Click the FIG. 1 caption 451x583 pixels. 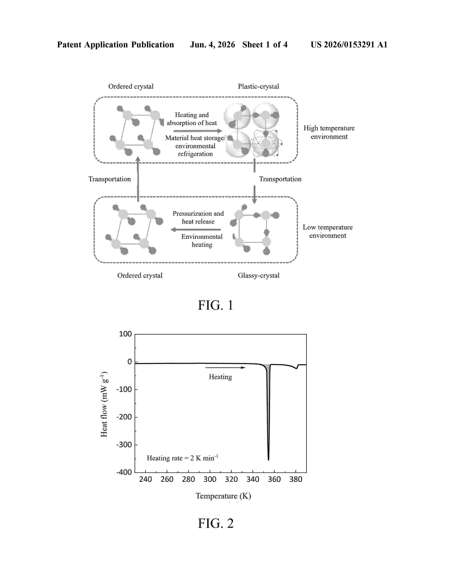click(x=215, y=305)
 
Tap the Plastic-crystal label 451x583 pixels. click(x=258, y=87)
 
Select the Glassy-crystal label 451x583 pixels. click(x=258, y=275)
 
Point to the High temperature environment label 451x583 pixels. click(x=329, y=132)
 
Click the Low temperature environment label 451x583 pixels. click(x=328, y=231)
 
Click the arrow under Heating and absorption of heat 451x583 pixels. click(x=198, y=131)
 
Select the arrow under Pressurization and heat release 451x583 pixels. click(x=196, y=229)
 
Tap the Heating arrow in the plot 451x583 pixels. click(x=225, y=368)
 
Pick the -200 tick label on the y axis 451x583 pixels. click(x=124, y=417)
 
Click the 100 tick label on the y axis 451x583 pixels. click(x=125, y=334)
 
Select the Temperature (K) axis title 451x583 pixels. click(x=223, y=496)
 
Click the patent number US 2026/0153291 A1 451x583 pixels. click(x=349, y=45)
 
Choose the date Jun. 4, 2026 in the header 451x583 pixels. click(x=212, y=45)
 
